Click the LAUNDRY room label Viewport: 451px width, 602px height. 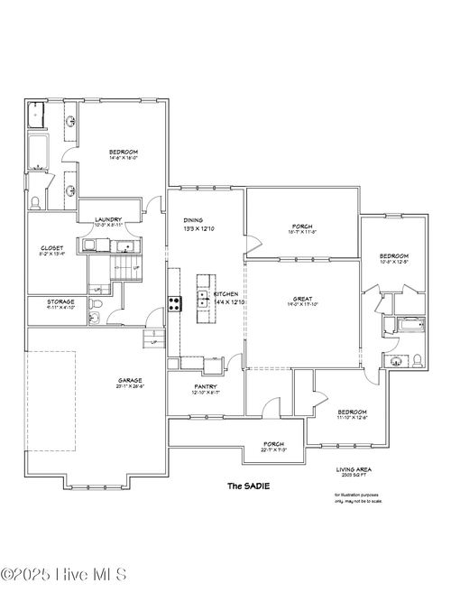(108, 219)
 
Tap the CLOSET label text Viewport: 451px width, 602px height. (51, 248)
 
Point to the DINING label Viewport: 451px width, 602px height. (193, 219)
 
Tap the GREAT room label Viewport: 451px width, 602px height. (302, 299)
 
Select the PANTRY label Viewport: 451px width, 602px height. (206, 387)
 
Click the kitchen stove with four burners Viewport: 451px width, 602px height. (174, 303)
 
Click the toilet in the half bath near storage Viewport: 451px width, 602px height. (97, 317)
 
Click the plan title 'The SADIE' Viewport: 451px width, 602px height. (247, 486)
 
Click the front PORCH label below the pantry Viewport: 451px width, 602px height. (273, 444)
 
